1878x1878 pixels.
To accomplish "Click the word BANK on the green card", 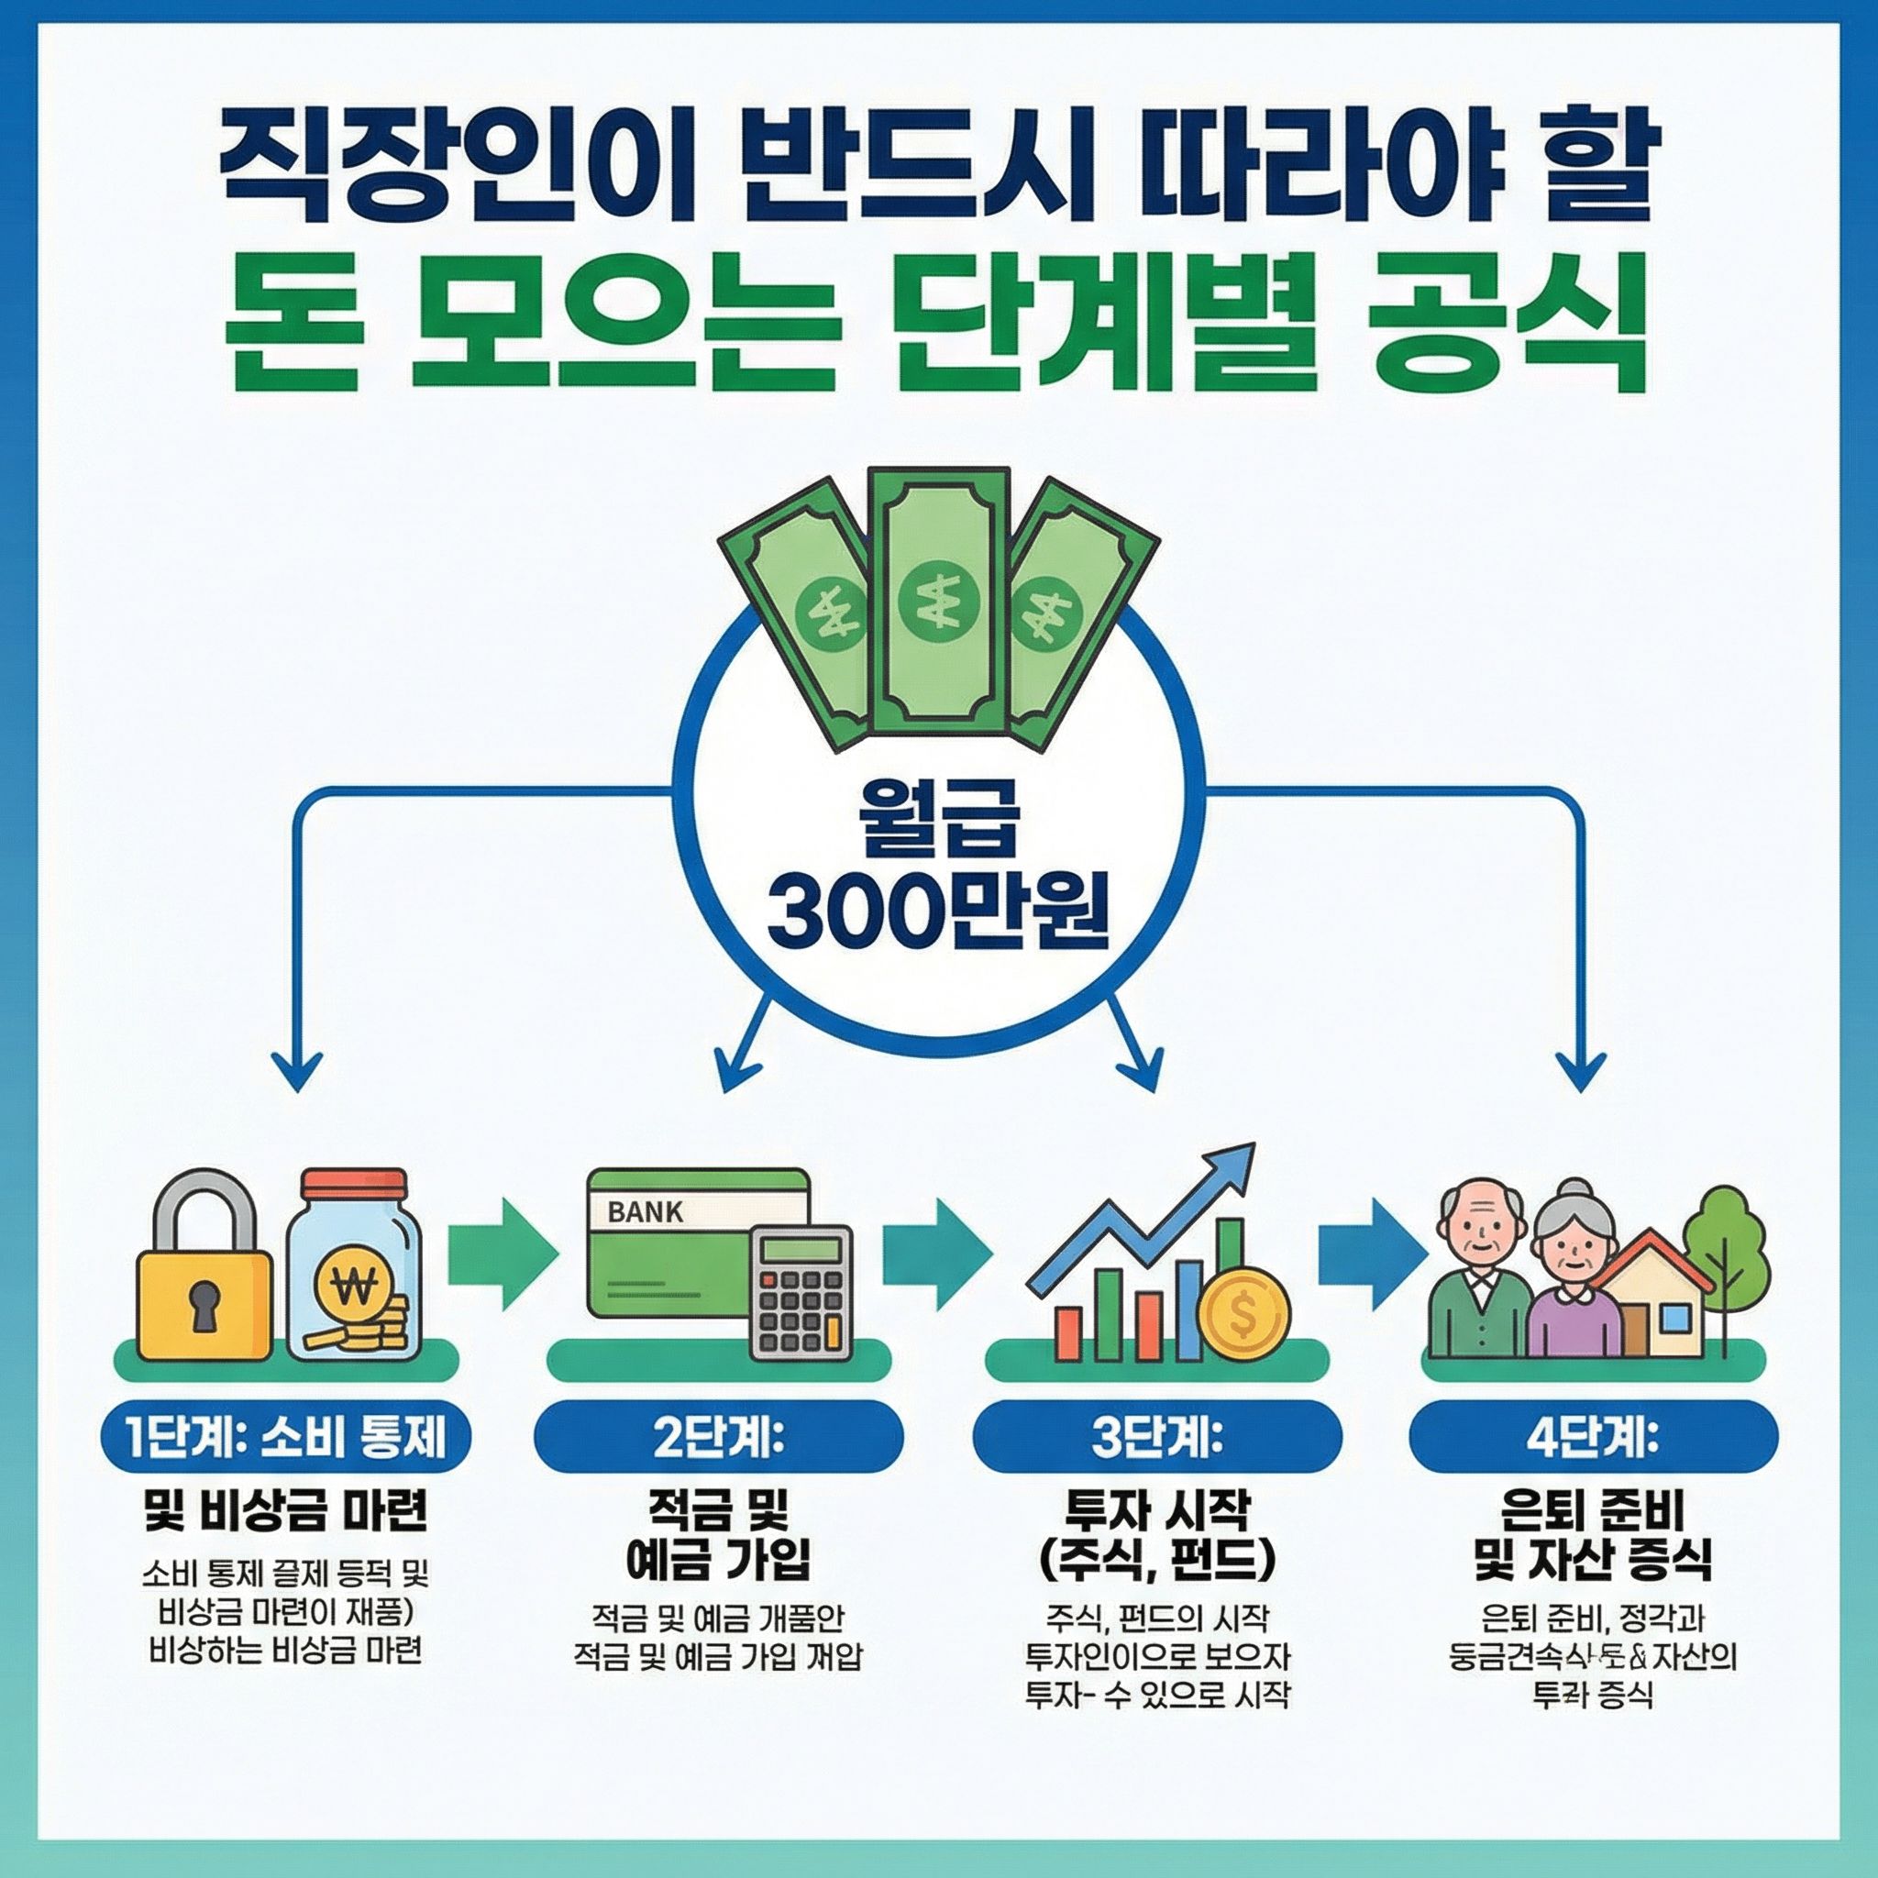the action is [646, 1212].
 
